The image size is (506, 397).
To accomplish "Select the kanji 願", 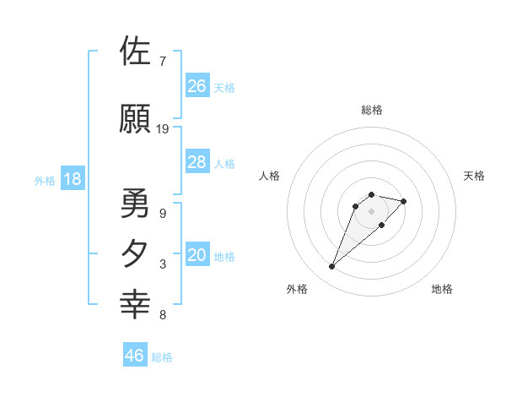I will point(136,119).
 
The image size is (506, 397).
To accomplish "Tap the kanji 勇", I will point(136,204).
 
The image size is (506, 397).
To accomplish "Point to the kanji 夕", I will point(136,253).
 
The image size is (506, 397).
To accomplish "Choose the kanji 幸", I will point(136,303).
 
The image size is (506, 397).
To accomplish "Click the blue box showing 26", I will point(197,86).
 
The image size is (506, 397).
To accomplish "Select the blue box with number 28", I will point(197,162).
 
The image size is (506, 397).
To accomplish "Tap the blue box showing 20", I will point(197,256).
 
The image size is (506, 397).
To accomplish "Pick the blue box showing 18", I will point(72,180).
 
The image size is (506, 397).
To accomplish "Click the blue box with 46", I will point(135,356).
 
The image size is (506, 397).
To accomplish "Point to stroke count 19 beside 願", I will point(163,129).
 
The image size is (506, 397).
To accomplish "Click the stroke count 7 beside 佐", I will point(162,61).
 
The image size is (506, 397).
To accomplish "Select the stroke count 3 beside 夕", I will point(162,264).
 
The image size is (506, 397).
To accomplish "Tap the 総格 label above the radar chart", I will point(371,110).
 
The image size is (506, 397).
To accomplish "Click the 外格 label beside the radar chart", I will point(297,289).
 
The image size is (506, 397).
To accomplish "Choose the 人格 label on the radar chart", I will point(270,176).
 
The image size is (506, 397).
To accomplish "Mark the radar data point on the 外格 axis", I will point(332,267).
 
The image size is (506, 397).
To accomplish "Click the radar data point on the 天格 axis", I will point(404,201).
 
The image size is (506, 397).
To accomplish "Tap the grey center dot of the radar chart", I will point(371,211).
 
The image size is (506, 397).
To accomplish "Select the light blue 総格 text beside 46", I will point(162,357).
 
